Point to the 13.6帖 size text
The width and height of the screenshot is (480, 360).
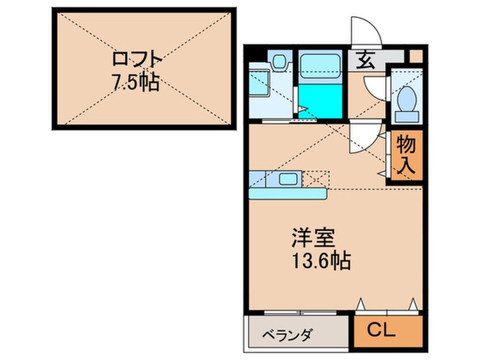[x=321, y=261]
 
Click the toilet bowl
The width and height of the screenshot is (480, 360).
[x=406, y=101]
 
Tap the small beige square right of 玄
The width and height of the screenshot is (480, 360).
[x=415, y=57]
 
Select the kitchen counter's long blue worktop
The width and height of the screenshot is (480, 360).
[x=287, y=194]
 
